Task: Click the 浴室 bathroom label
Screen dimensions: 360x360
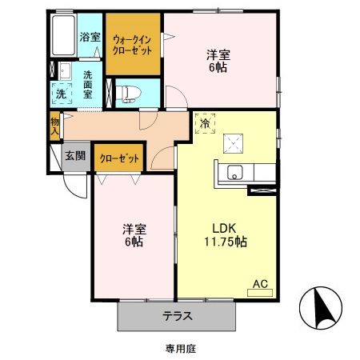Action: pyautogui.click(x=90, y=37)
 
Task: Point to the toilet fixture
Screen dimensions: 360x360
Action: pyautogui.click(x=127, y=93)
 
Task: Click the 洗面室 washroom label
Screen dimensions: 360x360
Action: pyautogui.click(x=88, y=83)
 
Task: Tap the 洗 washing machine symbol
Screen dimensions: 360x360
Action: pyautogui.click(x=60, y=93)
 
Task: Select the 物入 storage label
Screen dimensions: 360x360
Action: pyautogui.click(x=54, y=126)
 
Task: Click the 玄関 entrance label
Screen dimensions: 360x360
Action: pyautogui.click(x=75, y=156)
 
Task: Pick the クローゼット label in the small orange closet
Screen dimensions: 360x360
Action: pyautogui.click(x=119, y=159)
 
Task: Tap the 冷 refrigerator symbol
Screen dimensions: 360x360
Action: pyautogui.click(x=204, y=124)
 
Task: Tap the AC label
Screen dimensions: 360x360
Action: pyautogui.click(x=260, y=283)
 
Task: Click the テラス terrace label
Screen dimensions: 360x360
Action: pyautogui.click(x=178, y=315)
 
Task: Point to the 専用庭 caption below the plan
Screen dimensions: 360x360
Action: pyautogui.click(x=181, y=348)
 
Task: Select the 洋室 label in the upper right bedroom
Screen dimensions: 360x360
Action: pyautogui.click(x=218, y=55)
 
